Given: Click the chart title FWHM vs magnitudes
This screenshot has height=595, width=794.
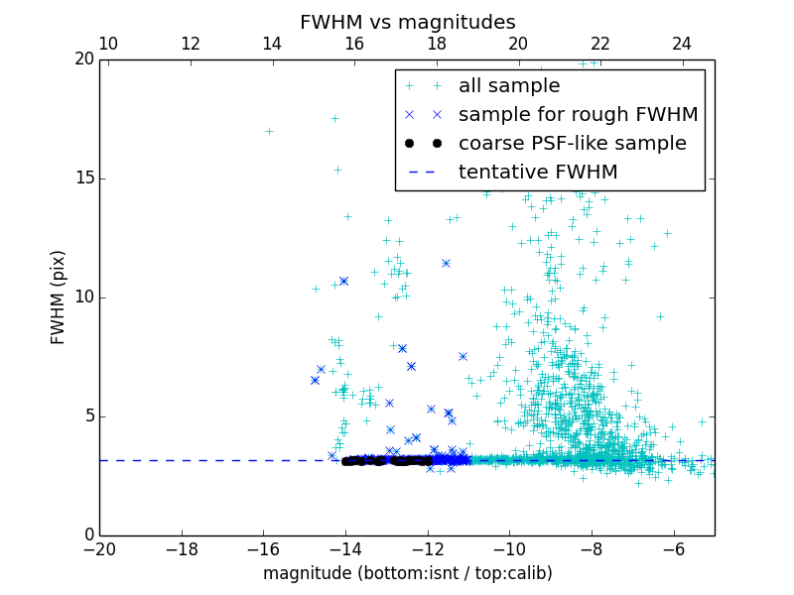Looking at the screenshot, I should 407,22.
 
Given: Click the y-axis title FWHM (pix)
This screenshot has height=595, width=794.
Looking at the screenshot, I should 59,297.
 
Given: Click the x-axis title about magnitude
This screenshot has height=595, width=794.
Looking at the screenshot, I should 407,573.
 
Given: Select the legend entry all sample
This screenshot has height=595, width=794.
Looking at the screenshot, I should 508,86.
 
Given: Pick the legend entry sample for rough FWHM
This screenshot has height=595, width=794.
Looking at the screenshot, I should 578,115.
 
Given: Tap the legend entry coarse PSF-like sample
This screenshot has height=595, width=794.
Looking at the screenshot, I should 572,144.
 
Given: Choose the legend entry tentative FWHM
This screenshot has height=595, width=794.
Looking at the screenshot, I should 538,173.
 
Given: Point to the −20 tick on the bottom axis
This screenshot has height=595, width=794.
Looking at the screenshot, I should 99,549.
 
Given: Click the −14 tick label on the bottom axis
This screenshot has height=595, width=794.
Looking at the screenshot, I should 345,549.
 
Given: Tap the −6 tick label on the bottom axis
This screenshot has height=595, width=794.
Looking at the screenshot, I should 674,549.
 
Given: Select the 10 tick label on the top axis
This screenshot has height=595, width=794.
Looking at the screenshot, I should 109,44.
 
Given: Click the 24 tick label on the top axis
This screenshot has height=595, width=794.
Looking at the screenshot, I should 682,44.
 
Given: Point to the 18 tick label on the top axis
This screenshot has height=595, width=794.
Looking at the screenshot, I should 437,44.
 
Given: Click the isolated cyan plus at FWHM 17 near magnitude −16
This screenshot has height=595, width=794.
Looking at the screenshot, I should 269,131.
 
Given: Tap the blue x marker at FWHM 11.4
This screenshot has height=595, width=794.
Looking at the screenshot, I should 446,263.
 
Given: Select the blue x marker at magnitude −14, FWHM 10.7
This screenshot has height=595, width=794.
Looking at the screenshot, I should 343,281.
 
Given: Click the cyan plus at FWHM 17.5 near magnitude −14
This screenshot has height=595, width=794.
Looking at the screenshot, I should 334,118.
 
